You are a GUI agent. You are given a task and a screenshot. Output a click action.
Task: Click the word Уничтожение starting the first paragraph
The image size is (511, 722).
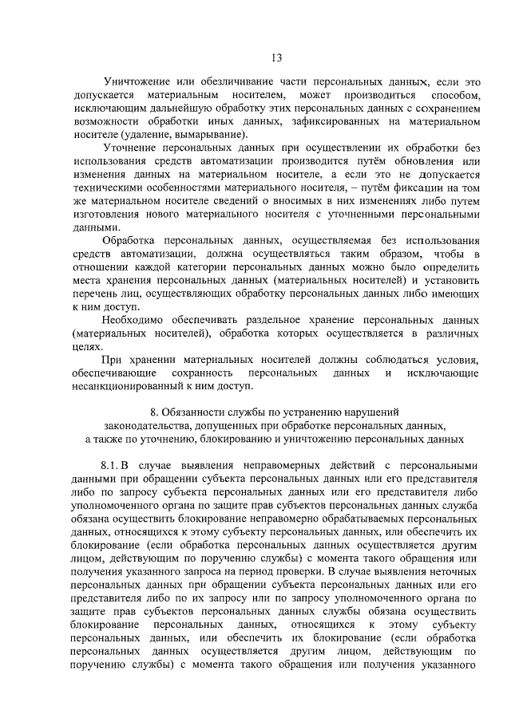(x=139, y=81)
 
